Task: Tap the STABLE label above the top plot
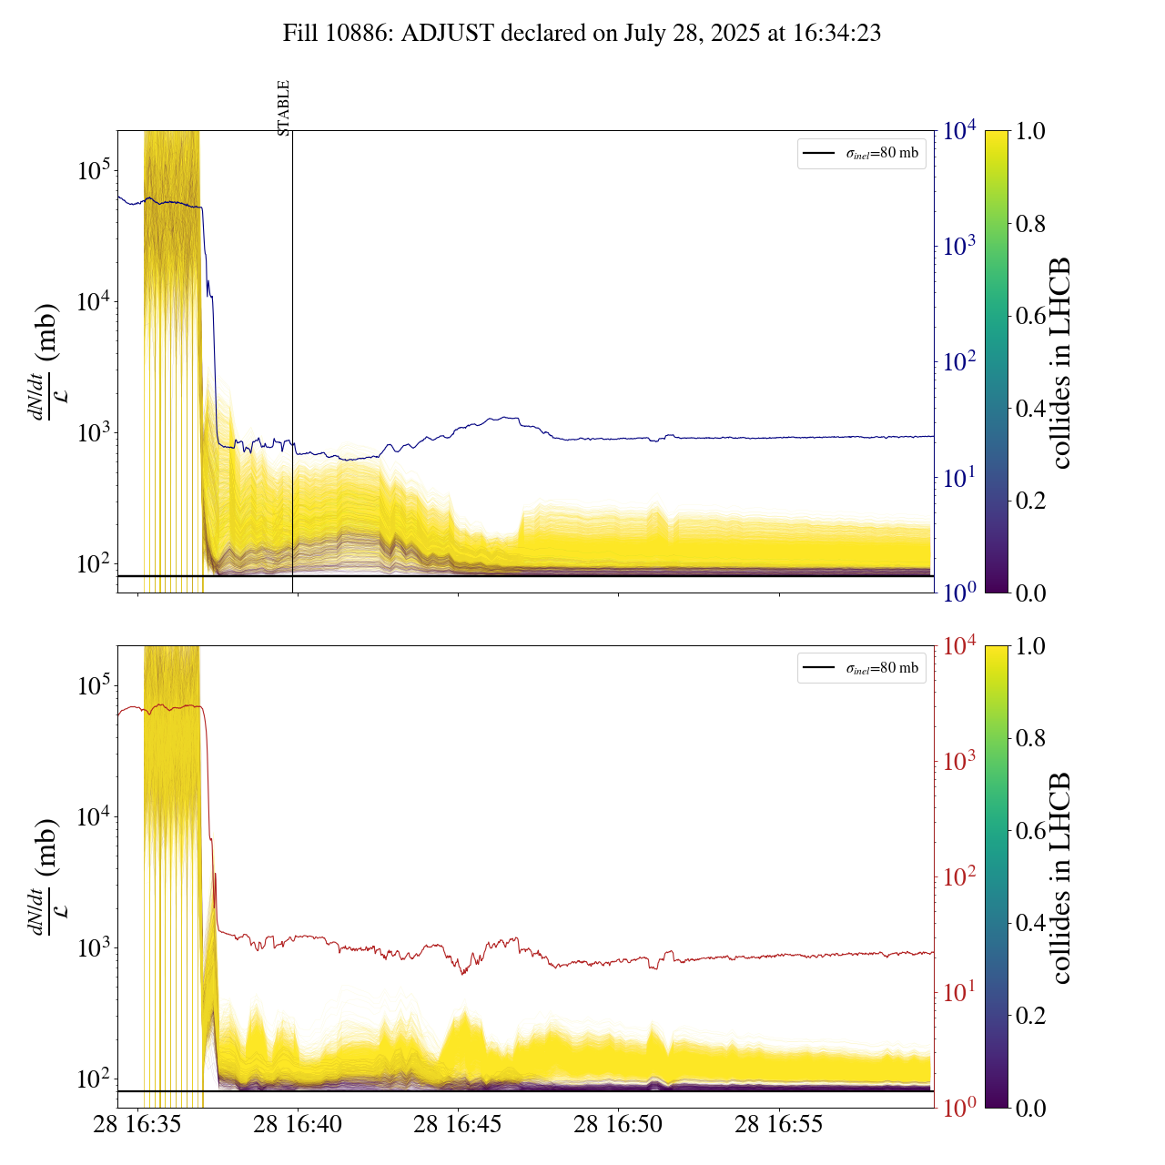tap(283, 108)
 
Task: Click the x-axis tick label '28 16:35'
tap(138, 1124)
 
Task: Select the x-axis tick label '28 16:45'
tap(458, 1124)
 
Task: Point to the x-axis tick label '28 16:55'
tap(779, 1124)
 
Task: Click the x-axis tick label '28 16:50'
tap(618, 1124)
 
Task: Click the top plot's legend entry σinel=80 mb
tap(862, 153)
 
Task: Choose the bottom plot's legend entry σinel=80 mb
tap(862, 668)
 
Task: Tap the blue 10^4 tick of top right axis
tap(959, 131)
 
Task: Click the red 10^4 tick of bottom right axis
tap(959, 646)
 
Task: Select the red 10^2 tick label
tap(959, 877)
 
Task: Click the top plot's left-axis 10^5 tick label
tap(93, 170)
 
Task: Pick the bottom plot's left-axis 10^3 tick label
tap(93, 948)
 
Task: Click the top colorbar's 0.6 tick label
tap(1030, 316)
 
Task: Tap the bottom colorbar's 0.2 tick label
tap(1030, 1016)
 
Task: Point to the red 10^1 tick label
tap(959, 992)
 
